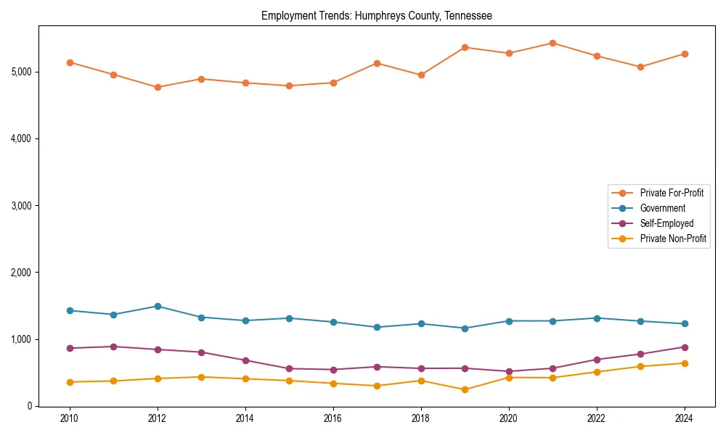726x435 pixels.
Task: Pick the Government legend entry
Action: point(662,208)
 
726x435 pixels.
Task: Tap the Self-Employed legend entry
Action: point(666,223)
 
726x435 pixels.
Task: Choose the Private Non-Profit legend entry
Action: point(673,239)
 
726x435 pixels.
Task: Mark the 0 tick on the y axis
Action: point(30,406)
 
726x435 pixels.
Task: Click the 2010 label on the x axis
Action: point(70,419)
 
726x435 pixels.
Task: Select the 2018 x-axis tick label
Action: point(420,419)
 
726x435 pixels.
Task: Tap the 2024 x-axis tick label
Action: point(683,419)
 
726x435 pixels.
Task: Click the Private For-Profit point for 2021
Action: point(552,43)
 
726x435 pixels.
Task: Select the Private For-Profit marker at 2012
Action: point(158,87)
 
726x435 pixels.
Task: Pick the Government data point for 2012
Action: point(158,306)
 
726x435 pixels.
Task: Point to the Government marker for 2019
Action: point(465,328)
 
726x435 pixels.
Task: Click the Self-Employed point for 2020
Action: point(508,371)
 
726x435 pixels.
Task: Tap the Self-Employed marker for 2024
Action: point(684,347)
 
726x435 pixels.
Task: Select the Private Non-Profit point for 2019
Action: point(465,389)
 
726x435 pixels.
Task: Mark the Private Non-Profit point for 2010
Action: point(70,382)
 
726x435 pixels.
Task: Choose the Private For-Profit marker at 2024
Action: point(684,54)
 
